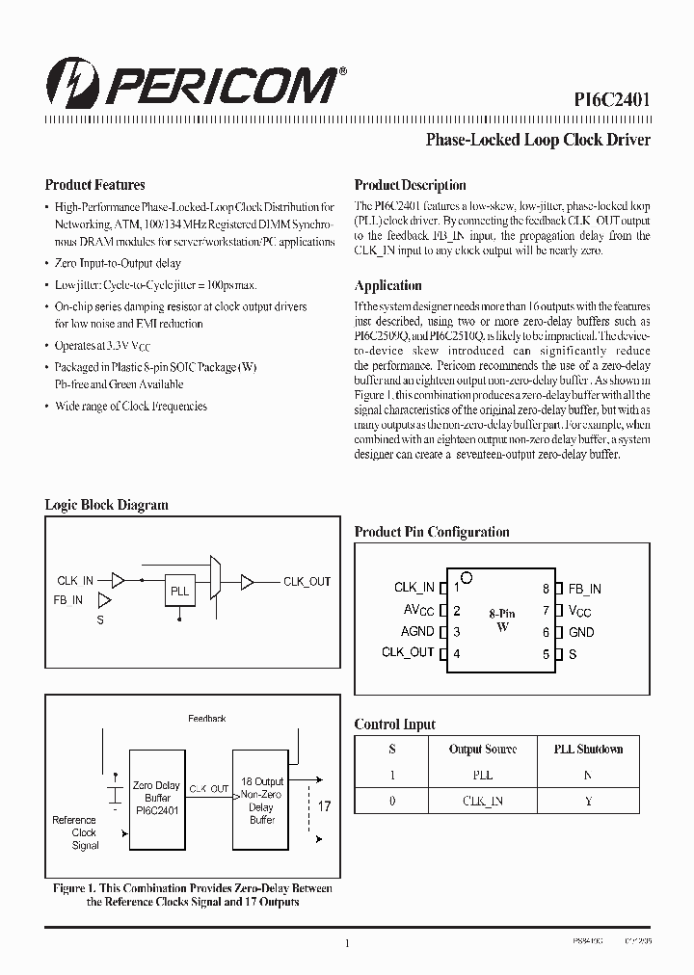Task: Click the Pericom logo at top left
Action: (193, 85)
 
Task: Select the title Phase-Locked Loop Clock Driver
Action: (538, 140)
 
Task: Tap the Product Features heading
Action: (94, 185)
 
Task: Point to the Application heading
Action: (387, 285)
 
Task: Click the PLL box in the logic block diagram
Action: (179, 592)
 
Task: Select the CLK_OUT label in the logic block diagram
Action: (307, 581)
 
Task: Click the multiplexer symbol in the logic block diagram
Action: (217, 580)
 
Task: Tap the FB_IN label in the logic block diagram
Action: (68, 600)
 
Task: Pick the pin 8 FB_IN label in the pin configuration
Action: (585, 589)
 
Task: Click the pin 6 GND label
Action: (581, 632)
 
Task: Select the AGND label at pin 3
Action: (417, 632)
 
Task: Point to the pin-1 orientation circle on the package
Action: (467, 578)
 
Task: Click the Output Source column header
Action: (483, 749)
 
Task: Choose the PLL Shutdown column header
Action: (588, 749)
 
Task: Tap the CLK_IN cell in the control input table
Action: (483, 801)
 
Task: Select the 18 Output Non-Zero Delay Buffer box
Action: (261, 800)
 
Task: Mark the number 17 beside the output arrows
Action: (324, 806)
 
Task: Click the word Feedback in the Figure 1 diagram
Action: (206, 719)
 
